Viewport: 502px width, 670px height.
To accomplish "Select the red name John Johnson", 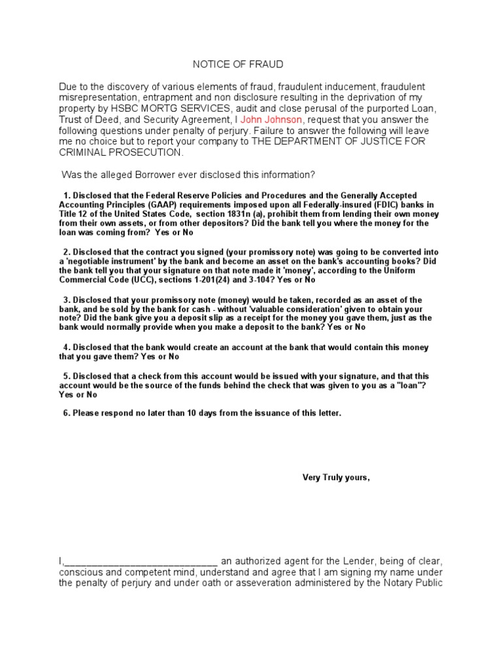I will pos(271,120).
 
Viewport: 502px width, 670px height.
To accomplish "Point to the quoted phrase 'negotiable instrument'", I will pos(105,261).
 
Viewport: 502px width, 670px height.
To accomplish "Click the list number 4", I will pos(66,347).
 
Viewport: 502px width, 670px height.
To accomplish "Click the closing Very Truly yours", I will pos(335,477).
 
